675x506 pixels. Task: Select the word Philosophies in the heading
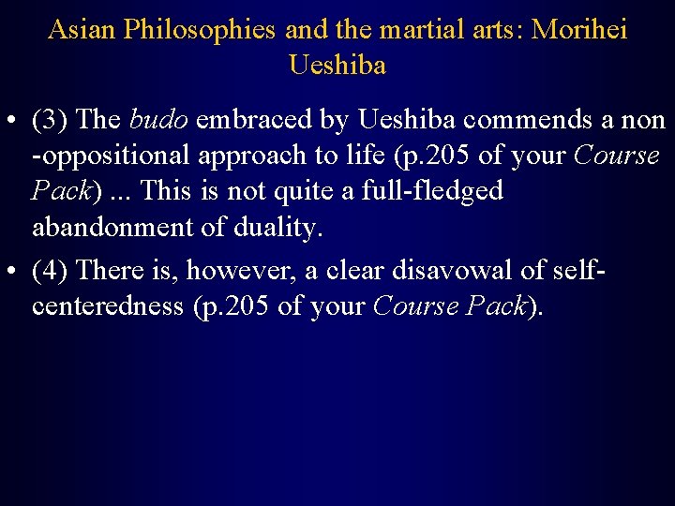(x=198, y=30)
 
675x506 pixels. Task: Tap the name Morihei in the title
(x=579, y=30)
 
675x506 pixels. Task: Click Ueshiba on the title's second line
(x=337, y=66)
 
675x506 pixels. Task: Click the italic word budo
(x=158, y=120)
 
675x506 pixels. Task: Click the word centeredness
(x=107, y=306)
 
